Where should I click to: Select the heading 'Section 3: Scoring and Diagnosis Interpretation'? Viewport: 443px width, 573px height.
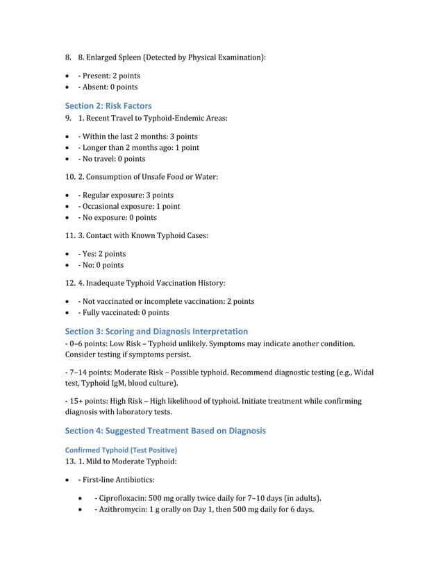pyautogui.click(x=156, y=331)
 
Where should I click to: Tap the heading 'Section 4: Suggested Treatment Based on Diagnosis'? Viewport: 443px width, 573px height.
pyautogui.click(x=165, y=430)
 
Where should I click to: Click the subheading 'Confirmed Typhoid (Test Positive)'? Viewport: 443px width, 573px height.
pyautogui.click(x=121, y=450)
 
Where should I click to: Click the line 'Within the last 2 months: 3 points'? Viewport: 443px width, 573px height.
pyautogui.click(x=137, y=136)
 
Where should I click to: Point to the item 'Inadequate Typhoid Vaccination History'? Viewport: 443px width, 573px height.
pyautogui.click(x=156, y=283)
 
